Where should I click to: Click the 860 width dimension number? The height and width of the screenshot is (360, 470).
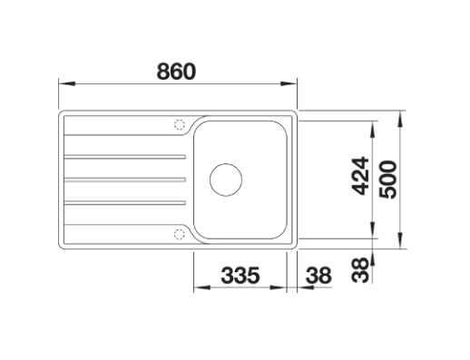pyautogui.click(x=176, y=72)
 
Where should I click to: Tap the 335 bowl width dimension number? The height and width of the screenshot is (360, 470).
pyautogui.click(x=240, y=275)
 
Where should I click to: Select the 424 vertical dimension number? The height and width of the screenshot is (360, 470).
pyautogui.click(x=360, y=176)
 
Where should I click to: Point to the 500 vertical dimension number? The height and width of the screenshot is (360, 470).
pyautogui.click(x=387, y=180)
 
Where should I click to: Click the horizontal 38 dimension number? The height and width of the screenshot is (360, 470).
pyautogui.click(x=318, y=275)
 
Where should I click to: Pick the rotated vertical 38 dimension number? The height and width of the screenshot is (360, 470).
pyautogui.click(x=360, y=270)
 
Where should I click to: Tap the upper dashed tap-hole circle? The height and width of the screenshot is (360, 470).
pyautogui.click(x=180, y=124)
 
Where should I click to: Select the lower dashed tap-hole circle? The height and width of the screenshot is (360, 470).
pyautogui.click(x=180, y=234)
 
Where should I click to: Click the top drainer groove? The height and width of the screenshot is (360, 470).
pyautogui.click(x=125, y=157)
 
